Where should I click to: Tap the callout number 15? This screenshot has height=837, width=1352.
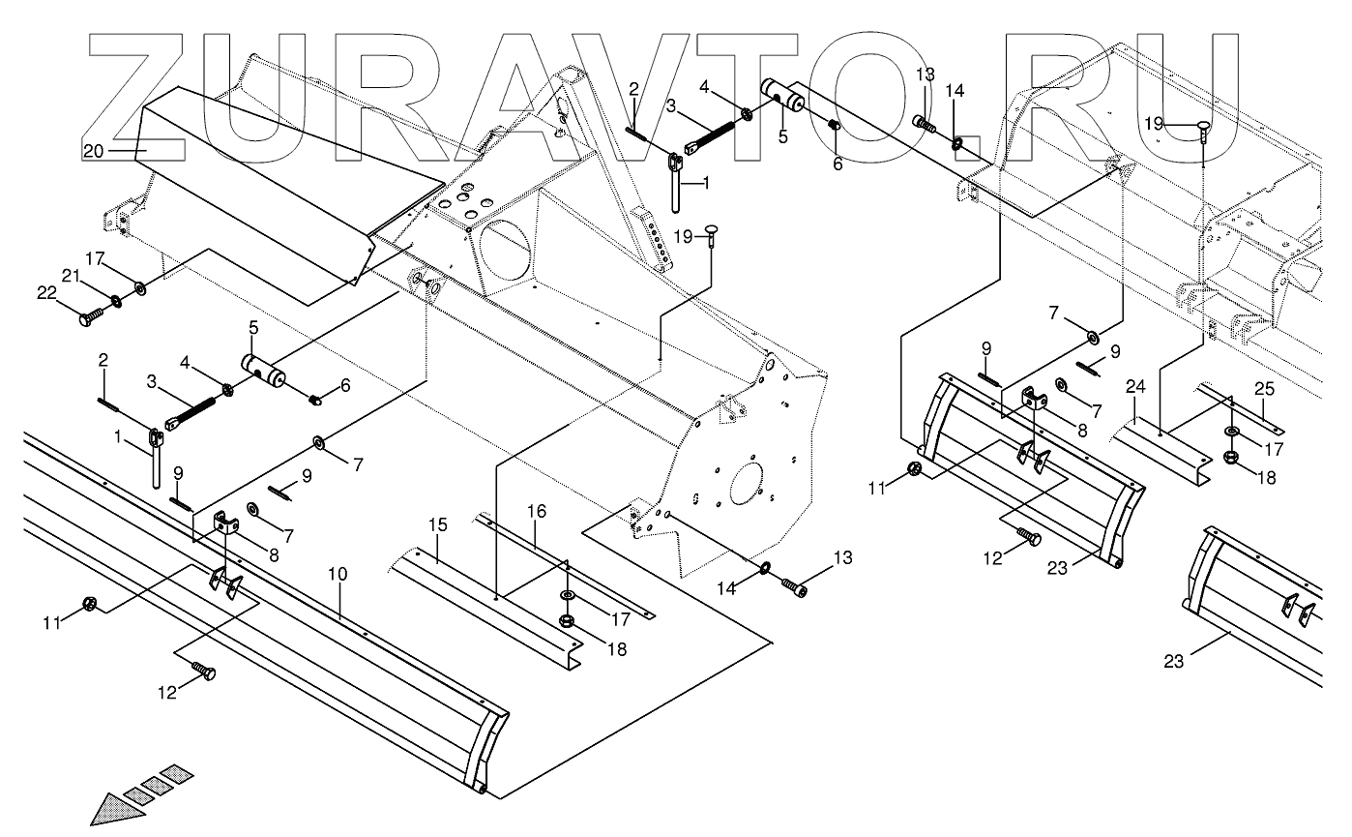pos(438,525)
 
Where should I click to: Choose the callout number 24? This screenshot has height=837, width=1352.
pos(1136,387)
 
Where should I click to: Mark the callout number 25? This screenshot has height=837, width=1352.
pos(1265,388)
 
